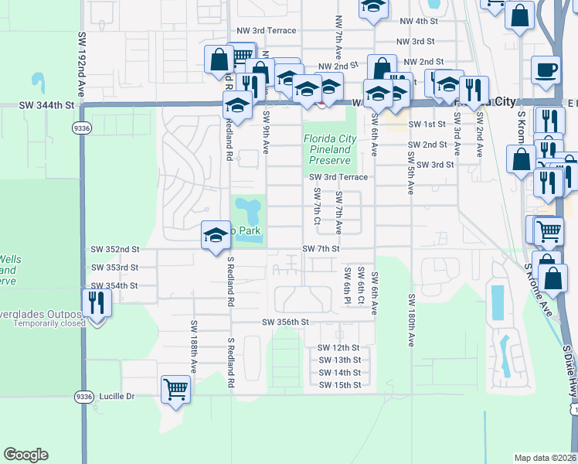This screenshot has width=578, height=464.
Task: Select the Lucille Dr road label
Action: pyautogui.click(x=117, y=397)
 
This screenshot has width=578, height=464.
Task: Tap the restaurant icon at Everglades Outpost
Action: pyautogui.click(x=97, y=302)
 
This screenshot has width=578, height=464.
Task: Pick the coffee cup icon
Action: pyautogui.click(x=546, y=69)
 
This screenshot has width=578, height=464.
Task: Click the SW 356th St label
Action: pyautogui.click(x=285, y=322)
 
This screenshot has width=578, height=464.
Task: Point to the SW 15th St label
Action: pyautogui.click(x=339, y=384)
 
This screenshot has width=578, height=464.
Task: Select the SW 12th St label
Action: pyautogui.click(x=339, y=348)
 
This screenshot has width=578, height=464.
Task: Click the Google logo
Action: pyautogui.click(x=25, y=455)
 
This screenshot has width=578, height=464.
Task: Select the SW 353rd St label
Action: pyautogui.click(x=114, y=268)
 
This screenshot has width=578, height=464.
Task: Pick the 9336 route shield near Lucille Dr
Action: pyautogui.click(x=83, y=397)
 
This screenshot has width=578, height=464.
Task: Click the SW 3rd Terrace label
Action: pyautogui.click(x=338, y=177)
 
